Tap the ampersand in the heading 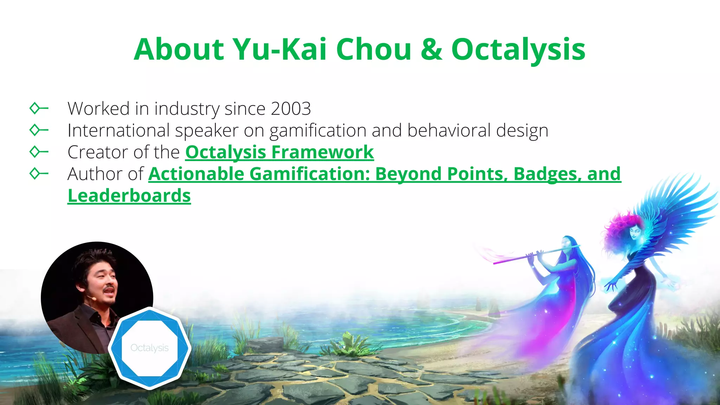(431, 50)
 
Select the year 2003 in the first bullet (291, 109)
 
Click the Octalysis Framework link (279, 152)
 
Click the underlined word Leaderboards (129, 196)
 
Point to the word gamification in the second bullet (318, 131)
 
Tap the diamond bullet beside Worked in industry (35, 108)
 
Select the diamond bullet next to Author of (35, 174)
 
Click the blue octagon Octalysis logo (149, 348)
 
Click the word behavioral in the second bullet (449, 130)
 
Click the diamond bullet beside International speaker (35, 130)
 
